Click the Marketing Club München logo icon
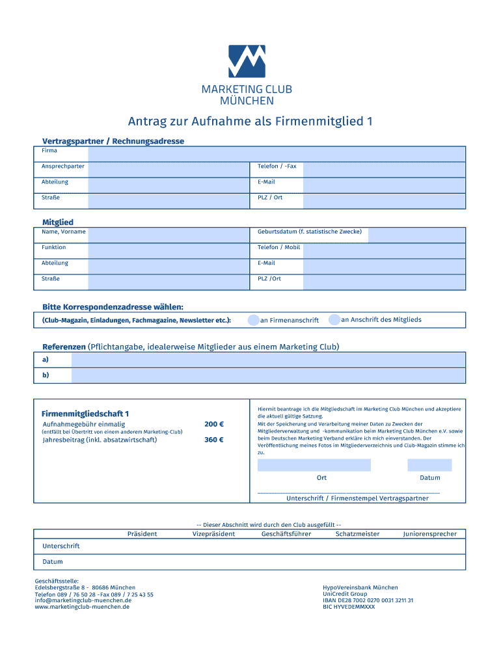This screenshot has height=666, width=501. tap(247, 61)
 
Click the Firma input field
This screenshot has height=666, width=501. tap(277, 153)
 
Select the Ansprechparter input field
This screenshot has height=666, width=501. tap(168, 169)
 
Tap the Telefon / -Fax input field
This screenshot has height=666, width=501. tap(384, 169)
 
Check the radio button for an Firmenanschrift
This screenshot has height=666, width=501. tap(253, 320)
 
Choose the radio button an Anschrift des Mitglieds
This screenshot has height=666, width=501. tap(334, 319)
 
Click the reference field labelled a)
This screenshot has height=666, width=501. tap(268, 360)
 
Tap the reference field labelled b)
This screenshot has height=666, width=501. tap(268, 375)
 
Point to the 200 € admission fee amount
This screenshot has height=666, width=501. tap(213, 425)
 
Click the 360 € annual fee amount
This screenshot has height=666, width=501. tap(213, 440)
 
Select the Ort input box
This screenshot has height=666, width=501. tap(314, 464)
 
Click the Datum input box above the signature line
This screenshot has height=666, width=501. tap(429, 464)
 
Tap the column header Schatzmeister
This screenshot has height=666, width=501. tap(357, 534)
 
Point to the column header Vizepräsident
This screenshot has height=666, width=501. tap(213, 534)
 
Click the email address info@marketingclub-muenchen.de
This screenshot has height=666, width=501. tap(83, 600)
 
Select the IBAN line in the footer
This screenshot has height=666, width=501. tap(368, 600)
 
